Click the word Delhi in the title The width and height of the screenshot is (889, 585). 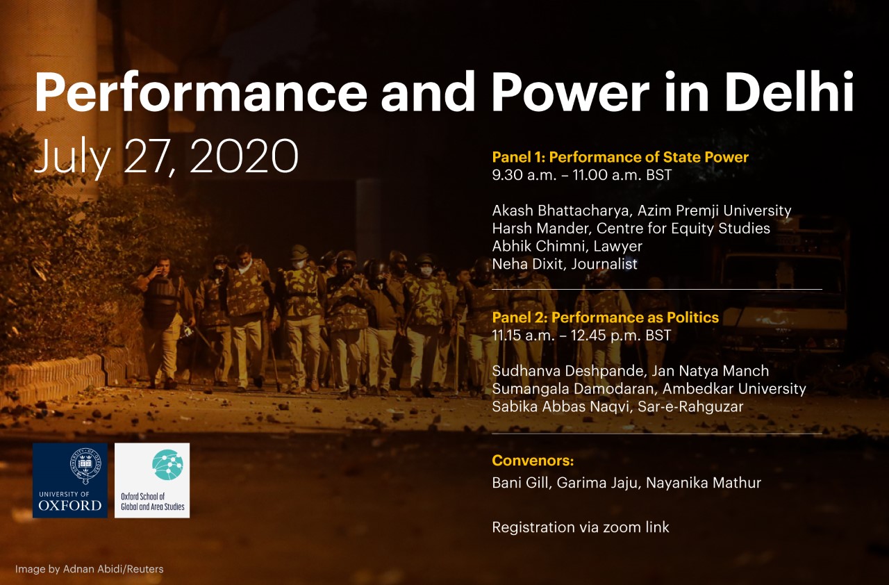click(789, 92)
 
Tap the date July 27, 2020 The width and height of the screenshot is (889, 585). click(166, 156)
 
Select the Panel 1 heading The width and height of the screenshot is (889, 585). click(620, 157)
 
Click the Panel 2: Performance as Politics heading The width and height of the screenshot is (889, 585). click(606, 318)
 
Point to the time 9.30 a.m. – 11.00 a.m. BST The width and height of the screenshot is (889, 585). click(582, 175)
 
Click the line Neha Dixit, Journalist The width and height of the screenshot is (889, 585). click(565, 264)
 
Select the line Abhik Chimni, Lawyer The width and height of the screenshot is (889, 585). click(567, 247)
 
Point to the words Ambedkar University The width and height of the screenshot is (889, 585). click(734, 389)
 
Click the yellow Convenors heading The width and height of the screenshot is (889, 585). click(533, 461)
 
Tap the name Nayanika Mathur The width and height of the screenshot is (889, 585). click(704, 483)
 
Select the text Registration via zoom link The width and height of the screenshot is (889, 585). click(581, 527)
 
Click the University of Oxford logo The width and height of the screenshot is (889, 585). click(70, 481)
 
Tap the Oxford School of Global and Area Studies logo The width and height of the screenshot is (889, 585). click(152, 481)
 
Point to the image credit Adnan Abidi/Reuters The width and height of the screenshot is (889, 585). click(113, 569)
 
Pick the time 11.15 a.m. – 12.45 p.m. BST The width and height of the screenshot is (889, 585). click(581, 336)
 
